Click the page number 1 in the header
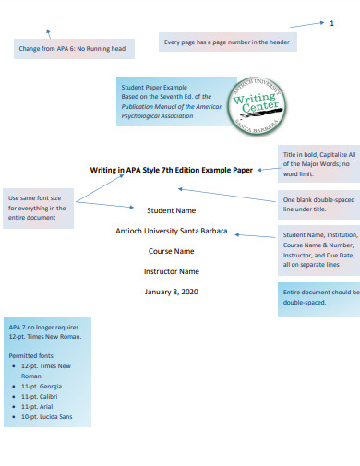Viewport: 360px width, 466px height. (x=331, y=22)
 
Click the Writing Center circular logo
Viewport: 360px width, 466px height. (x=253, y=106)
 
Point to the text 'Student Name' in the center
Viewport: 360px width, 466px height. (x=172, y=211)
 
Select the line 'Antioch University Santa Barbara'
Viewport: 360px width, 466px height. (x=172, y=231)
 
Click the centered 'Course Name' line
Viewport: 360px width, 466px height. (x=172, y=251)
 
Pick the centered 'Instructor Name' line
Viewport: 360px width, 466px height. (x=172, y=271)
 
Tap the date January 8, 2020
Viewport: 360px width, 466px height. (x=172, y=292)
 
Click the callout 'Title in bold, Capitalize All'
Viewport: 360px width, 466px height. (x=317, y=163)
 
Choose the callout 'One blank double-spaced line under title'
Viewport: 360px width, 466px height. (x=318, y=206)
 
